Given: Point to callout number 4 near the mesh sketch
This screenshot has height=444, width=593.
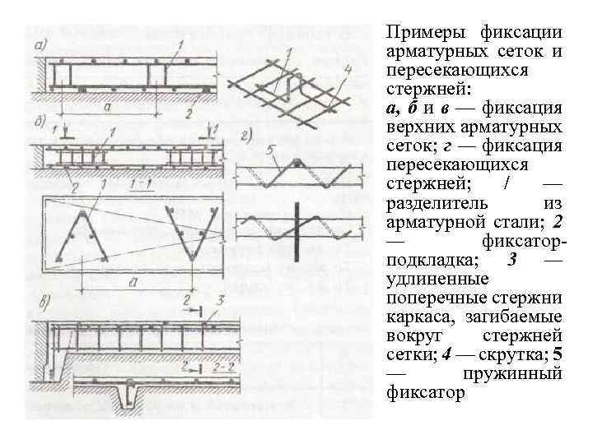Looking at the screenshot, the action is pyautogui.click(x=348, y=71).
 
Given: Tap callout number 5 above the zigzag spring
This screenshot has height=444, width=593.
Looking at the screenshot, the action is pyautogui.click(x=272, y=150).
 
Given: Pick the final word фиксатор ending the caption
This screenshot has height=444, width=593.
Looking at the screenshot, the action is pyautogui.click(x=425, y=392).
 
